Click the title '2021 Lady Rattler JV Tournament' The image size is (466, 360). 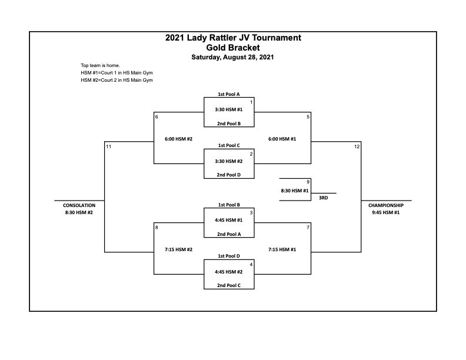click(x=233, y=38)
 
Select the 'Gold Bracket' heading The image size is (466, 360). click(x=233, y=48)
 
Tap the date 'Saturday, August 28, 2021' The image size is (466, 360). click(x=232, y=57)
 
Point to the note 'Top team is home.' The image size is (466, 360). click(x=100, y=65)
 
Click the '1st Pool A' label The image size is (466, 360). click(x=229, y=94)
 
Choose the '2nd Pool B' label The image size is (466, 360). click(x=229, y=124)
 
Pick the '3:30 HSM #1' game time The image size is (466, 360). click(x=229, y=109)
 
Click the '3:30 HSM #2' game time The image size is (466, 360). click(x=229, y=161)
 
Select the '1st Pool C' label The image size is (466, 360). click(x=229, y=145)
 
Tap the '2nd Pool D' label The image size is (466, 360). click(x=228, y=175)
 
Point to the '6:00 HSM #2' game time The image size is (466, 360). click(x=179, y=139)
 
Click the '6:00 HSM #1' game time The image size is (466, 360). click(x=282, y=139)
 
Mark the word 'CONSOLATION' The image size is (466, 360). click(x=79, y=205)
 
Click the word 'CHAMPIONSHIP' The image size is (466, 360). click(x=386, y=205)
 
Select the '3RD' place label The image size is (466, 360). click(x=324, y=198)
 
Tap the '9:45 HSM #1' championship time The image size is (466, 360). click(x=386, y=213)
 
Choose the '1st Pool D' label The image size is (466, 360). click(x=229, y=256)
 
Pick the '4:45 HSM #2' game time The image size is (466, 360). click(x=229, y=272)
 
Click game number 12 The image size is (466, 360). click(x=357, y=146)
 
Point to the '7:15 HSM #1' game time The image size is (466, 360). click(x=282, y=249)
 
